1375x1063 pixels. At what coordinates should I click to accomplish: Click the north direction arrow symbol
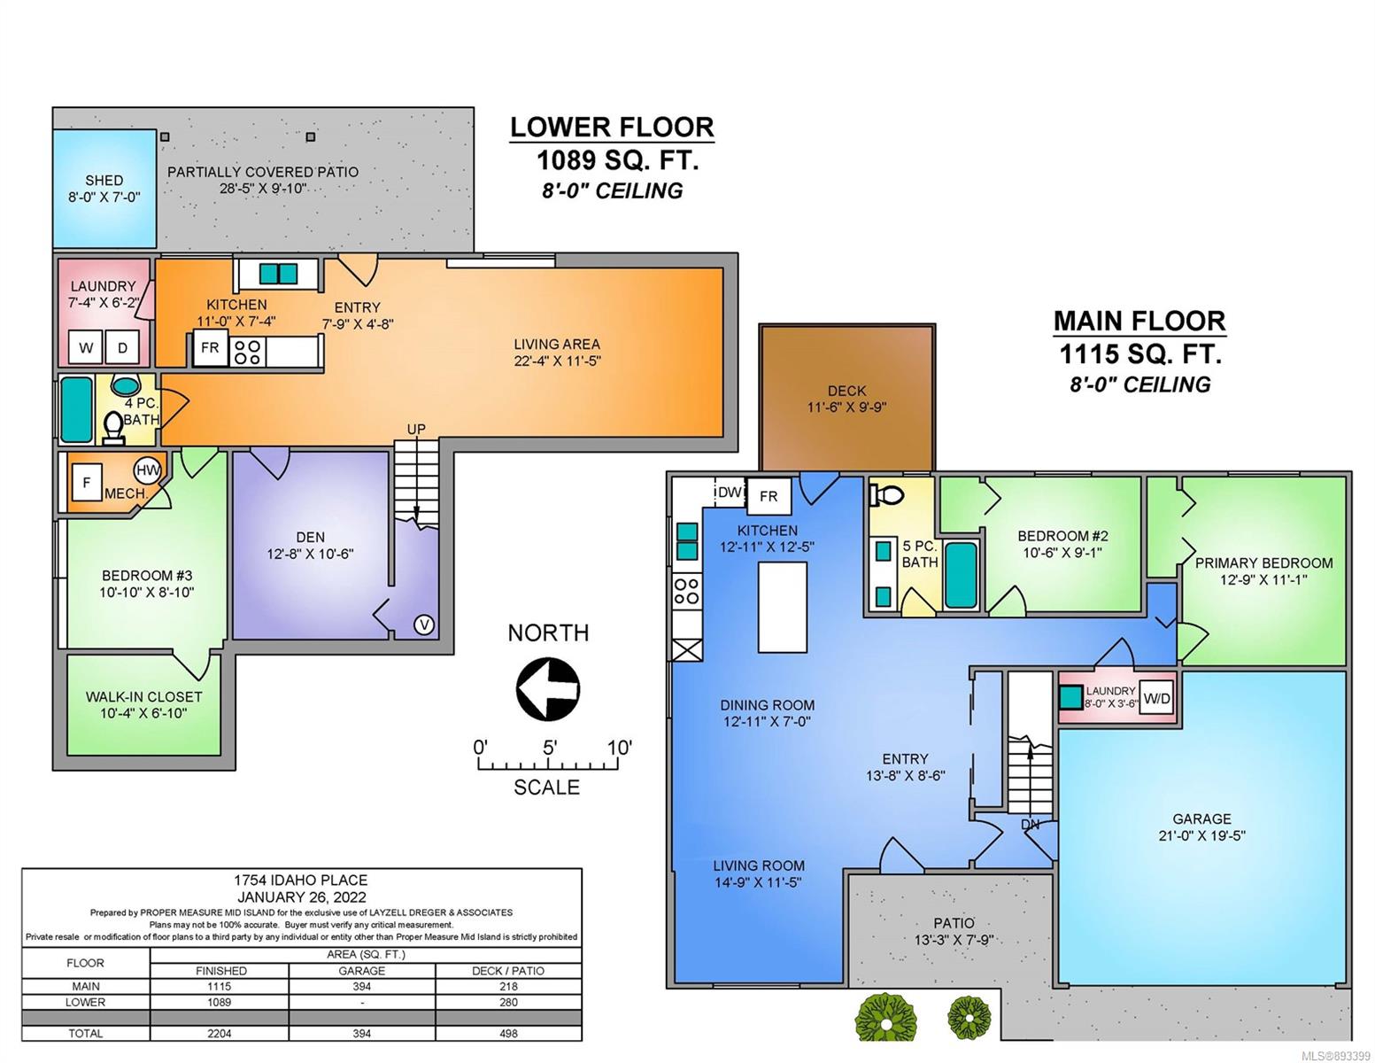click(548, 688)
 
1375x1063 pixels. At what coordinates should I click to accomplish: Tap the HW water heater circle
click(148, 469)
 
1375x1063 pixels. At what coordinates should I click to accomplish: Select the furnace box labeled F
click(87, 483)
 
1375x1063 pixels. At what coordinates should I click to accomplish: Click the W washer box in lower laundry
click(85, 347)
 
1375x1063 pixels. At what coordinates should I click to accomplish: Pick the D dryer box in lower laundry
click(122, 347)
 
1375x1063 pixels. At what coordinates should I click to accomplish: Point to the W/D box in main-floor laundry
click(1156, 698)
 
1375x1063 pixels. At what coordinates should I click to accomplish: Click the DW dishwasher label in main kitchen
click(730, 492)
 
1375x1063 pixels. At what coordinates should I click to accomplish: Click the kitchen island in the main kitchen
click(783, 607)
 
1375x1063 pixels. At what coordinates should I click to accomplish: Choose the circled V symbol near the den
click(423, 625)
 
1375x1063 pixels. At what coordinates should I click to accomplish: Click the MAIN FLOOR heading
click(1139, 321)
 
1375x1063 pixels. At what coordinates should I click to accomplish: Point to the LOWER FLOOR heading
click(612, 128)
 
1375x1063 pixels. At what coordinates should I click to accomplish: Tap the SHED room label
click(104, 181)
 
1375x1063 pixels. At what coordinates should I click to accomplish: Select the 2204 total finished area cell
click(220, 1033)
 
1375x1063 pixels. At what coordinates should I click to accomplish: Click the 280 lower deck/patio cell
click(508, 1002)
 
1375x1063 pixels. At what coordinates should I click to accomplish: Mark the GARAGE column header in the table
click(362, 971)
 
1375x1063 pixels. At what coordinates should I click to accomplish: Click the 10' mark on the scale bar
click(619, 748)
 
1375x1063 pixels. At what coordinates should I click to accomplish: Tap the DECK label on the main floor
click(846, 392)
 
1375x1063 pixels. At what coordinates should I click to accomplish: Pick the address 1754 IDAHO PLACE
click(300, 880)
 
